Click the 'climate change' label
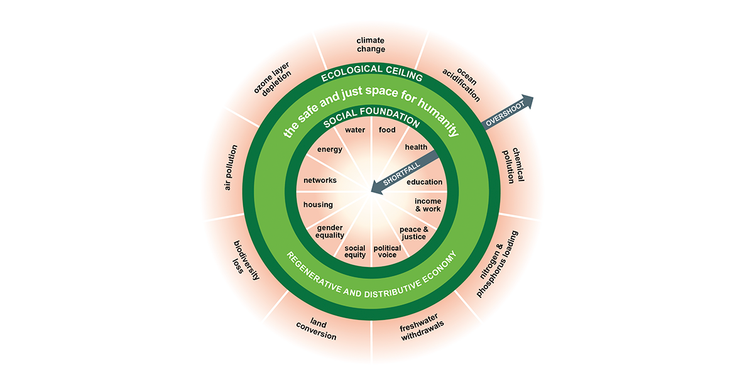coord(371,45)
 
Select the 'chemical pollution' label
coord(515,165)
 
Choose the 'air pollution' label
coord(230,167)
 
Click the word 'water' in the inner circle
coord(355,130)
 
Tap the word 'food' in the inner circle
coord(387,130)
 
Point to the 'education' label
coord(425,182)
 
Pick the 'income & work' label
coord(428,205)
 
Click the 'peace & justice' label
coord(413,232)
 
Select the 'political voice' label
coord(388,251)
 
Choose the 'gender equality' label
coord(331,231)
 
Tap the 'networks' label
coord(320,180)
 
